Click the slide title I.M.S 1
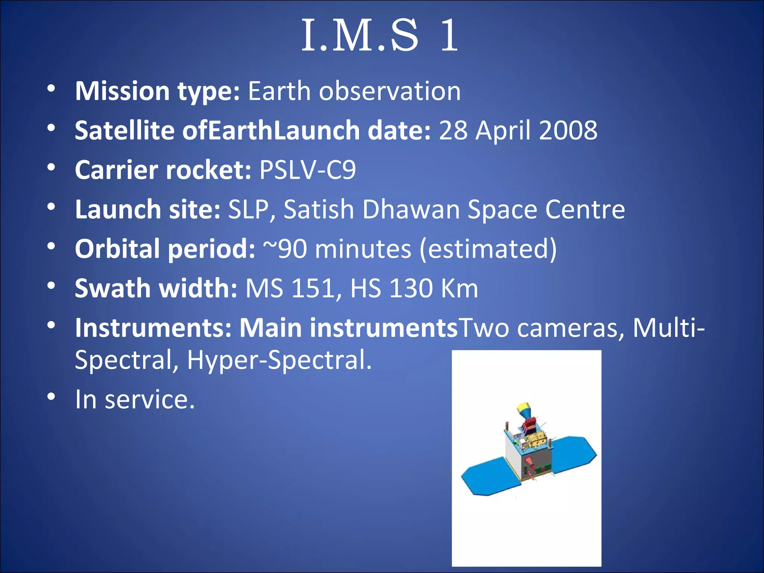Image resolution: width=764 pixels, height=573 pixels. (x=380, y=36)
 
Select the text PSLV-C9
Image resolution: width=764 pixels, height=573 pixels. (x=307, y=170)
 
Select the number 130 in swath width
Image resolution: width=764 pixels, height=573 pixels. (x=410, y=288)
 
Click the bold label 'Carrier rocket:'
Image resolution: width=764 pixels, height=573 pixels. (x=163, y=170)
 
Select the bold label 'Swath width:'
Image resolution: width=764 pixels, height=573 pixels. (x=156, y=288)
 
